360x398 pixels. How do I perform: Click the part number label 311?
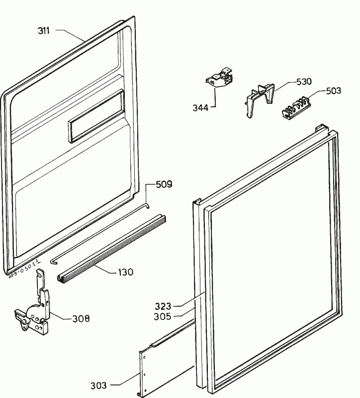point(44,31)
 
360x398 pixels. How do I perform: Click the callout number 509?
point(164,185)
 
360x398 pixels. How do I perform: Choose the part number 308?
point(81,318)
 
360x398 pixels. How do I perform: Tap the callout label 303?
point(99,385)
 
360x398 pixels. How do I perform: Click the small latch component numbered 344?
point(219,80)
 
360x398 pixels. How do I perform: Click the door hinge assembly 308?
point(35,313)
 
